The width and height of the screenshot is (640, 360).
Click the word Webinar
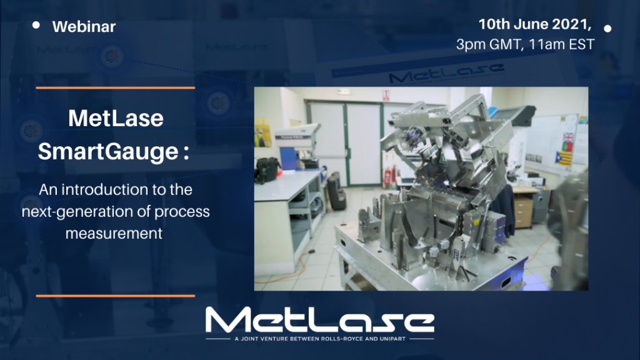[84, 27]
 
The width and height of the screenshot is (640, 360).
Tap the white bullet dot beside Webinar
[36, 25]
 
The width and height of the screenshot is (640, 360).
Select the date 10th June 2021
[534, 24]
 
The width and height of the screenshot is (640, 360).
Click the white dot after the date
[607, 29]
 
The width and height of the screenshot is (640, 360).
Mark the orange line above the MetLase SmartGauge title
[116, 87]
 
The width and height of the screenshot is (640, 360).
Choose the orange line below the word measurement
[116, 296]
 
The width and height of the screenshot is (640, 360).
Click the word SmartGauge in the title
[108, 152]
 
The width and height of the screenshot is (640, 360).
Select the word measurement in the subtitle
[114, 234]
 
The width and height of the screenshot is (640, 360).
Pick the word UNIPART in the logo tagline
[392, 339]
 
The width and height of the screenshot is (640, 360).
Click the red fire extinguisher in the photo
[387, 176]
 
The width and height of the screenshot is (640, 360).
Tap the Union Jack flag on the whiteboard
[568, 137]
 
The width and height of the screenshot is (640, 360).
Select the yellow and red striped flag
[563, 158]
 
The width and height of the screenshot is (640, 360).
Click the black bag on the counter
[267, 169]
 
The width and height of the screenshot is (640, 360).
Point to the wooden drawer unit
[524, 209]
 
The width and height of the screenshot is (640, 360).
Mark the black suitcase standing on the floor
[336, 192]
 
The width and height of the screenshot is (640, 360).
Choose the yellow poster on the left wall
[262, 132]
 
